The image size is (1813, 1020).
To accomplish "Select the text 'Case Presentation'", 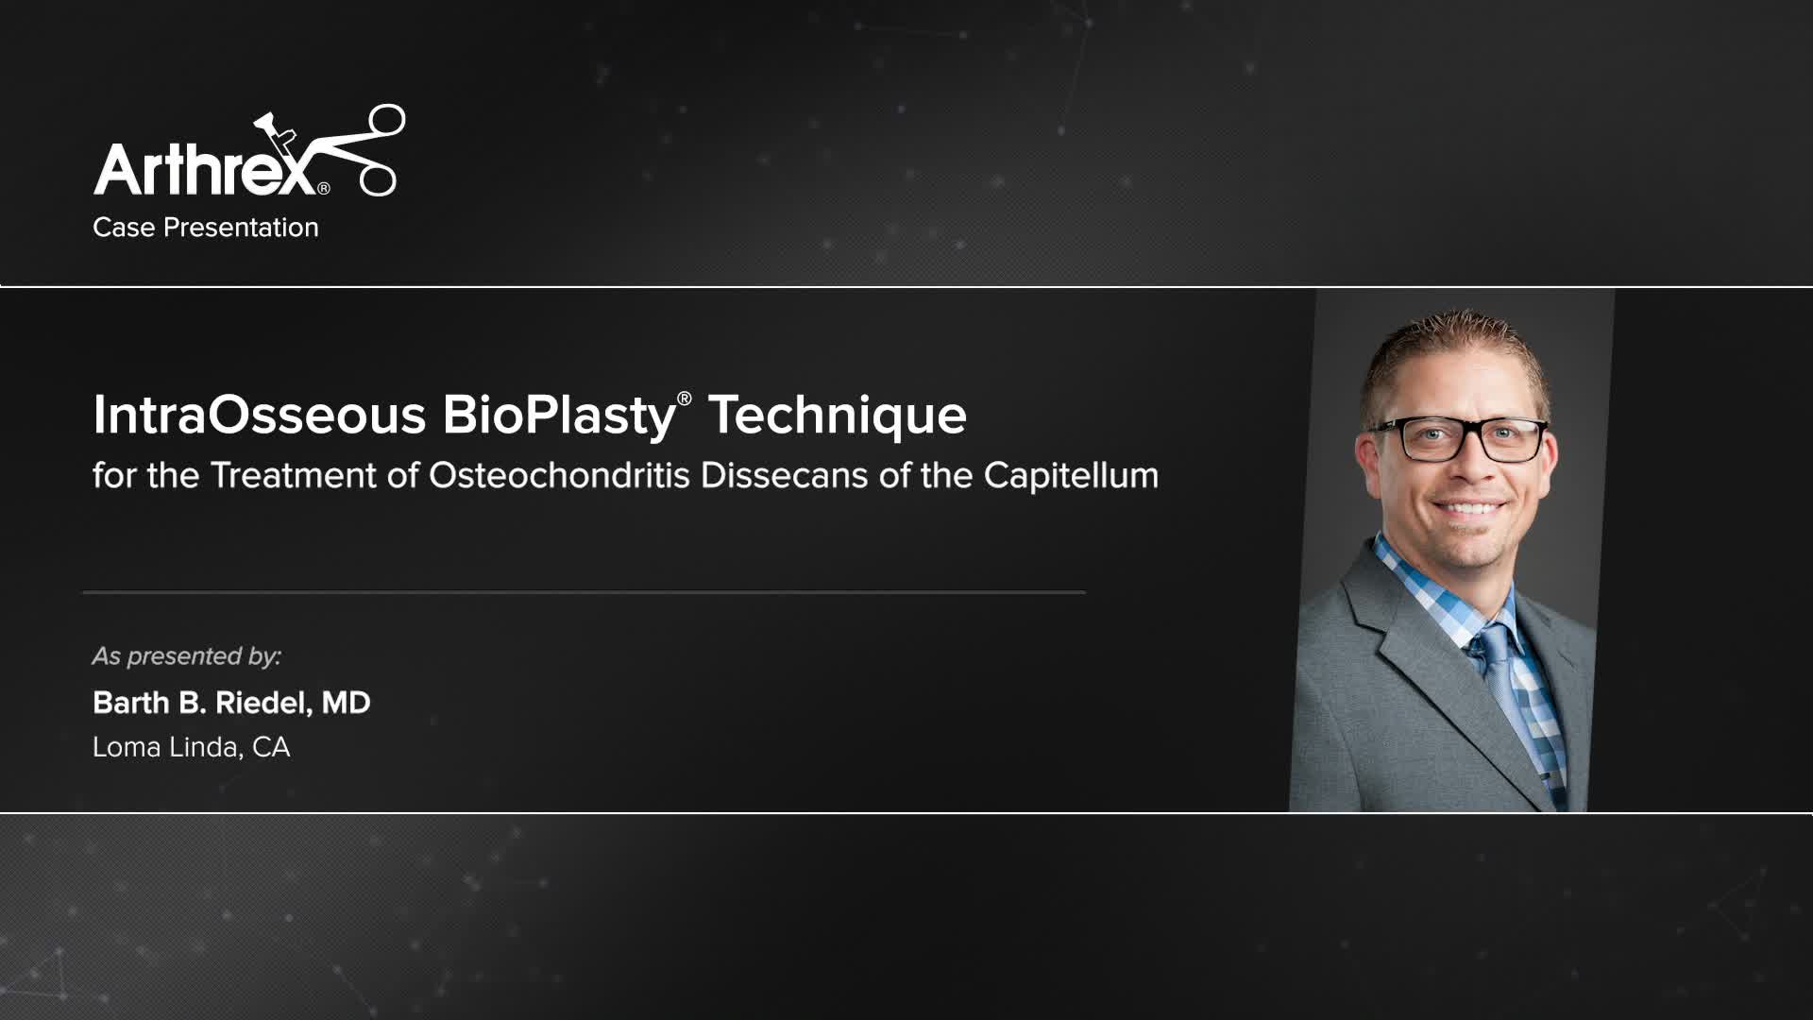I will (206, 228).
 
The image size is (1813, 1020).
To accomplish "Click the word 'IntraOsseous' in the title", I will (260, 415).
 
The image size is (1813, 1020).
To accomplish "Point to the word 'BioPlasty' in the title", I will (559, 416).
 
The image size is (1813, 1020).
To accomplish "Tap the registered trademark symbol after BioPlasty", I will (685, 399).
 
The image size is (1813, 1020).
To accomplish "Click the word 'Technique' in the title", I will (838, 416).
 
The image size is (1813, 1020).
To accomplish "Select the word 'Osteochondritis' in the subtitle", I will (560, 475).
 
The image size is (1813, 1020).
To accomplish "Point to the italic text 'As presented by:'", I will (187, 656).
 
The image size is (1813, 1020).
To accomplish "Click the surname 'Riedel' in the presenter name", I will (262, 703).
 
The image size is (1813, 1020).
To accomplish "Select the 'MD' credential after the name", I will (346, 703).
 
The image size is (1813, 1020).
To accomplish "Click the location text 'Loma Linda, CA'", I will (192, 747).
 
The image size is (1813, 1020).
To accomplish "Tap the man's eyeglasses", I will (1458, 439).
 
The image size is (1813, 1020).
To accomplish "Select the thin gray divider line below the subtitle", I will (585, 592).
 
